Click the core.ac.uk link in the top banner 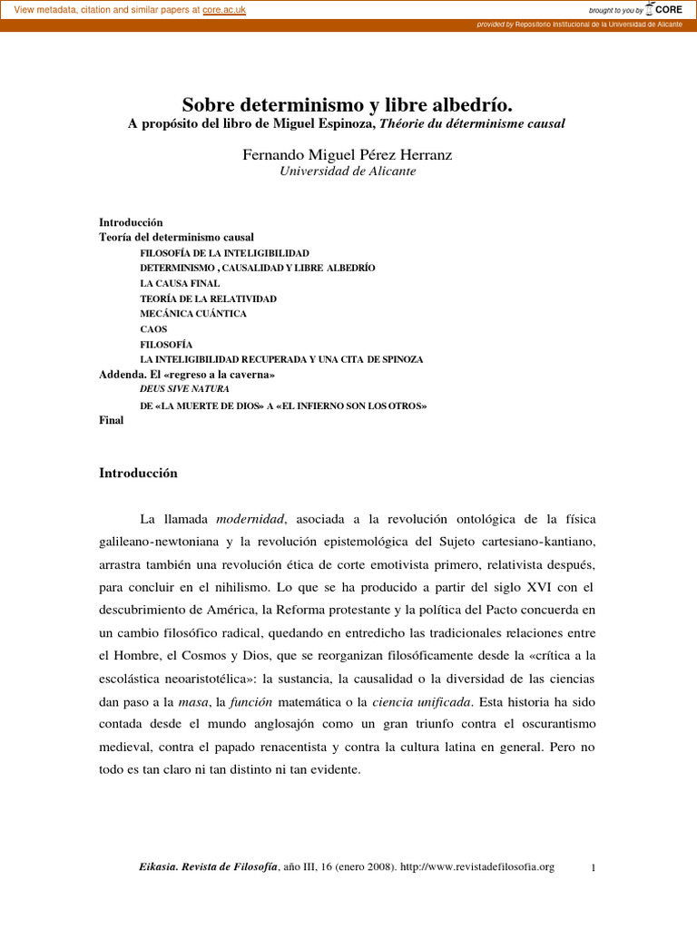pos(224,9)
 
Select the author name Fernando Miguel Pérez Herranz pos(348,155)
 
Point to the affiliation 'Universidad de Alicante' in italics pos(348,171)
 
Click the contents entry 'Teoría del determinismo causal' pos(176,238)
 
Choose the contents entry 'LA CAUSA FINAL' pos(180,284)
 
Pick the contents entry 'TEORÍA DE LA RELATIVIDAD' pos(208,298)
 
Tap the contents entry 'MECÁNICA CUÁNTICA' pos(193,314)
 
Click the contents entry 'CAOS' pos(153,329)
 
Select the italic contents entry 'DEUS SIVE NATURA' pos(184,389)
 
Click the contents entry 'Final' pos(111,421)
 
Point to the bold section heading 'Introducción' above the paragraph pos(138,474)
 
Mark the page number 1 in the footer pos(593,868)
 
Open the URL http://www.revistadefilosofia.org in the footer pos(477,867)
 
